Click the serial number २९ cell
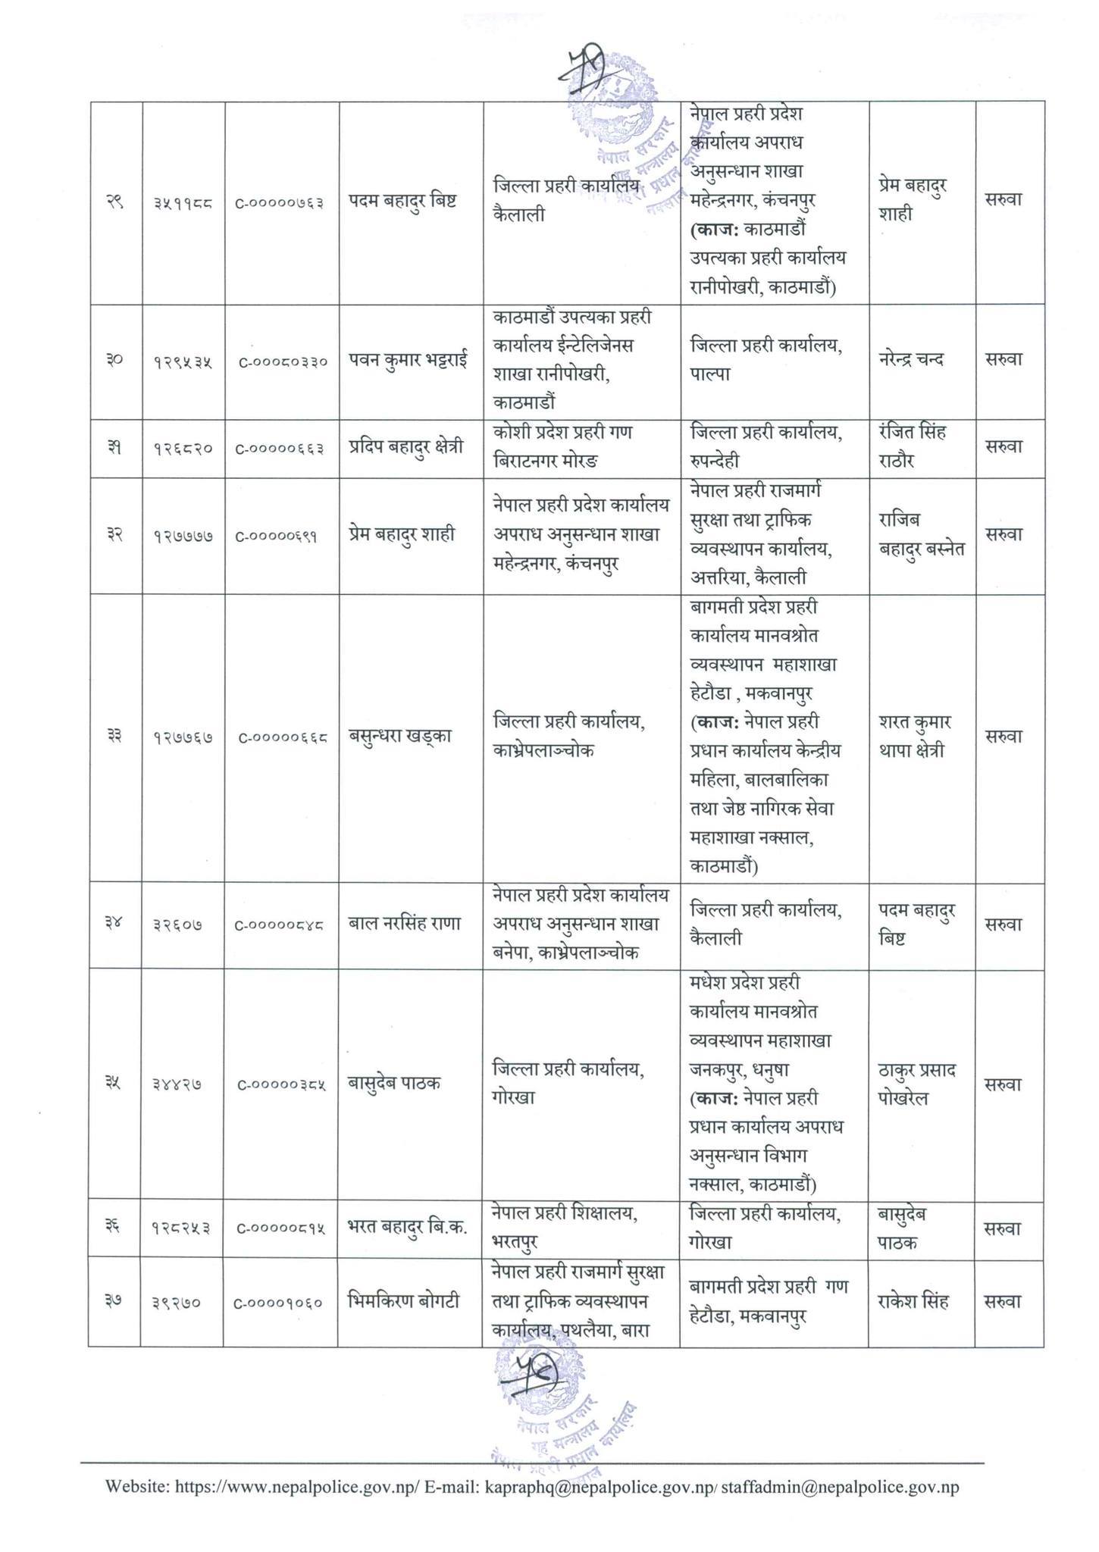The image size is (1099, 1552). [116, 203]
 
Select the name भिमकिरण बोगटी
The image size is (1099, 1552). [402, 1302]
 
